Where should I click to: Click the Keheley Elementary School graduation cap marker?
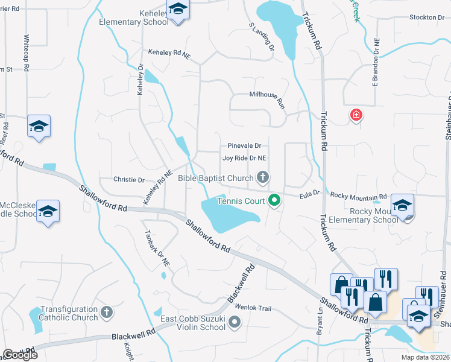(x=177, y=10)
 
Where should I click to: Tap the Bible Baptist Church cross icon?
(x=262, y=177)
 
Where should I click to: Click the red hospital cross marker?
(x=356, y=114)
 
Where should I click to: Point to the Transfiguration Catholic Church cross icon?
(x=107, y=312)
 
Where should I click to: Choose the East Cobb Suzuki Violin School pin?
(x=235, y=325)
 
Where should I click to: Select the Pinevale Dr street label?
(x=244, y=146)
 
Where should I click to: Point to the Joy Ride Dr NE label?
(x=244, y=158)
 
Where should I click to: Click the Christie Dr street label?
(x=129, y=180)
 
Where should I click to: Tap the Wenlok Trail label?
(x=254, y=308)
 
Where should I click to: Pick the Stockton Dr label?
(x=427, y=17)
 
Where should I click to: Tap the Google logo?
(x=20, y=354)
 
